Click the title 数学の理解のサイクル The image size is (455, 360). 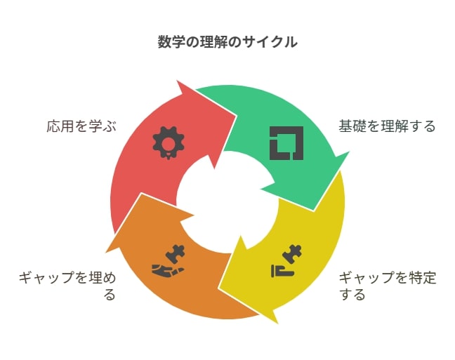[x=227, y=42]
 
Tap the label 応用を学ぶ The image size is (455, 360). [x=81, y=126]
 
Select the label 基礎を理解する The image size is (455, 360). [x=387, y=126]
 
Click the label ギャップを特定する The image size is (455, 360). [x=388, y=286]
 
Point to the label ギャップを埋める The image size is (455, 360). [x=67, y=286]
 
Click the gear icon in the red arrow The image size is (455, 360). [x=169, y=142]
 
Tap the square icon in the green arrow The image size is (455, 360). [x=286, y=143]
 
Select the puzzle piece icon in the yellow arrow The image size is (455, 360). [x=286, y=261]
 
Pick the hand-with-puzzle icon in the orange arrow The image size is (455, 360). [x=168, y=260]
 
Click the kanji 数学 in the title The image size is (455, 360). [x=171, y=42]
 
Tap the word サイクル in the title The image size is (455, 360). [x=270, y=42]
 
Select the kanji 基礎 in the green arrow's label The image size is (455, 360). [x=352, y=126]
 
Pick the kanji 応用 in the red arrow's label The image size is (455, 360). [x=60, y=126]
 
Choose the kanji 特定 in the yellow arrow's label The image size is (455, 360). [x=423, y=278]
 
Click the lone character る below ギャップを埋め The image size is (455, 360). [x=110, y=295]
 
